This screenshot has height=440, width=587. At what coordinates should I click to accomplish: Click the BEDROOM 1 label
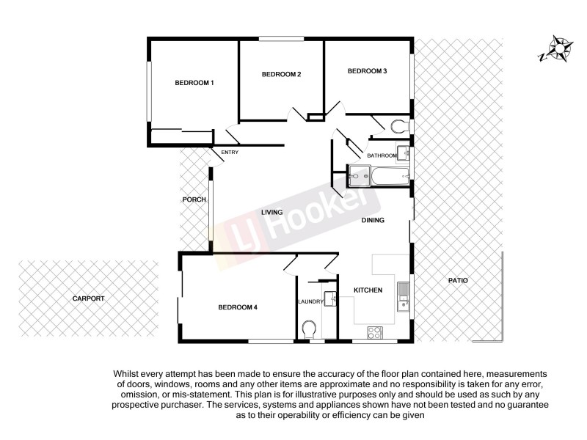click(194, 83)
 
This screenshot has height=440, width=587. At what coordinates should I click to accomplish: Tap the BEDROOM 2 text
click(282, 74)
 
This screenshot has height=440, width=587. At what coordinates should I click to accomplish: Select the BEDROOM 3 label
click(367, 71)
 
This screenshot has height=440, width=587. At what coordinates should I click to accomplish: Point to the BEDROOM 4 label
click(238, 307)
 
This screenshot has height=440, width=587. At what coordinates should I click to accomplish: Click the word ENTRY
click(230, 153)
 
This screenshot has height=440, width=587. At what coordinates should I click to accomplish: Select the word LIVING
click(271, 213)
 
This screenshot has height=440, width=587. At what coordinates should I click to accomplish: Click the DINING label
click(373, 220)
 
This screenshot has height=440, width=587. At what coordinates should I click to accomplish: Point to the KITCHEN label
click(368, 290)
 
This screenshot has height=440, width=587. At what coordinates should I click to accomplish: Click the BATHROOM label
click(382, 155)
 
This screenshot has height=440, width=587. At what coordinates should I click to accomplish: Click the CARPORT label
click(88, 298)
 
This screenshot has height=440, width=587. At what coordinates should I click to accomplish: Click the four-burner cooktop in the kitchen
click(374, 331)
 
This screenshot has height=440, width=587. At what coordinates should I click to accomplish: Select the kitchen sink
click(402, 297)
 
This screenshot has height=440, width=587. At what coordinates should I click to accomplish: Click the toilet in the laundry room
click(309, 327)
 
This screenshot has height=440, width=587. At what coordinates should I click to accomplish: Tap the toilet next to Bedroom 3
click(400, 126)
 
